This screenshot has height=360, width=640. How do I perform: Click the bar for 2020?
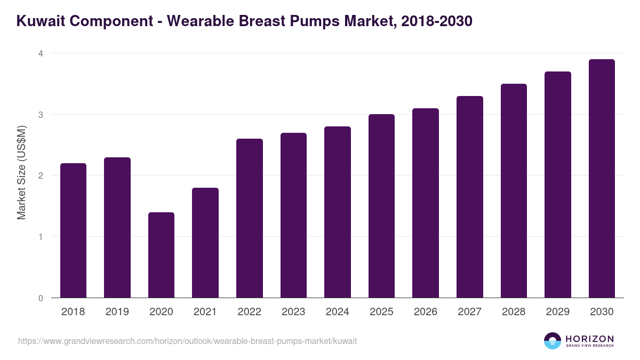(x=161, y=255)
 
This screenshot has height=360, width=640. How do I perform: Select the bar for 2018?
(x=73, y=230)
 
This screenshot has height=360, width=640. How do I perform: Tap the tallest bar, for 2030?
(x=602, y=179)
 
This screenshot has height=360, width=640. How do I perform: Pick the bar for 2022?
(x=249, y=218)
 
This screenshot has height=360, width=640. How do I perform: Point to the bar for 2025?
(x=381, y=206)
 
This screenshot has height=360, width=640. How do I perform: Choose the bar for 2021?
(x=205, y=243)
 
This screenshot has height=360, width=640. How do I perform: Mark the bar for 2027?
(x=469, y=197)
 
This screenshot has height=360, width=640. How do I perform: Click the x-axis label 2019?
(x=117, y=312)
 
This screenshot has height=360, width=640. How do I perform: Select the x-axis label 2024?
(x=337, y=312)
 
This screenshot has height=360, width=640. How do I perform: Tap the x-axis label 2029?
(x=557, y=312)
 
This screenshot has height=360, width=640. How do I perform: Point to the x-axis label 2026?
(x=425, y=312)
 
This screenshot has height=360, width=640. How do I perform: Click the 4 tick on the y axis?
(x=40, y=53)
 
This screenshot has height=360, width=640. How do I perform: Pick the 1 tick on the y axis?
(x=40, y=237)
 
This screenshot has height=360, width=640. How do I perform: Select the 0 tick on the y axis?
(x=40, y=298)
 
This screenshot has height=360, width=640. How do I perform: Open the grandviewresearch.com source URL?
(x=187, y=341)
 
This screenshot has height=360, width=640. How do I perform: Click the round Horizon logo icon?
(x=553, y=341)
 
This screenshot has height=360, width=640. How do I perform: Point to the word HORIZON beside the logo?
(x=589, y=339)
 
